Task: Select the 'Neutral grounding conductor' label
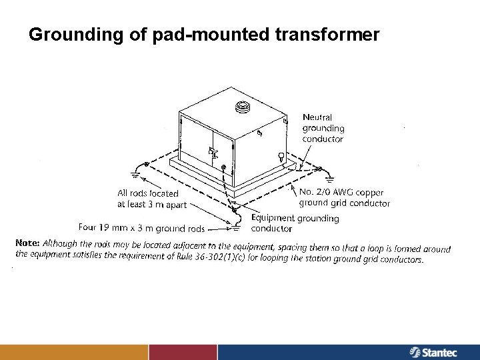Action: pyautogui.click(x=323, y=128)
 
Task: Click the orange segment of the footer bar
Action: pyautogui.click(x=74, y=352)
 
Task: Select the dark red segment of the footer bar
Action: pyautogui.click(x=183, y=352)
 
